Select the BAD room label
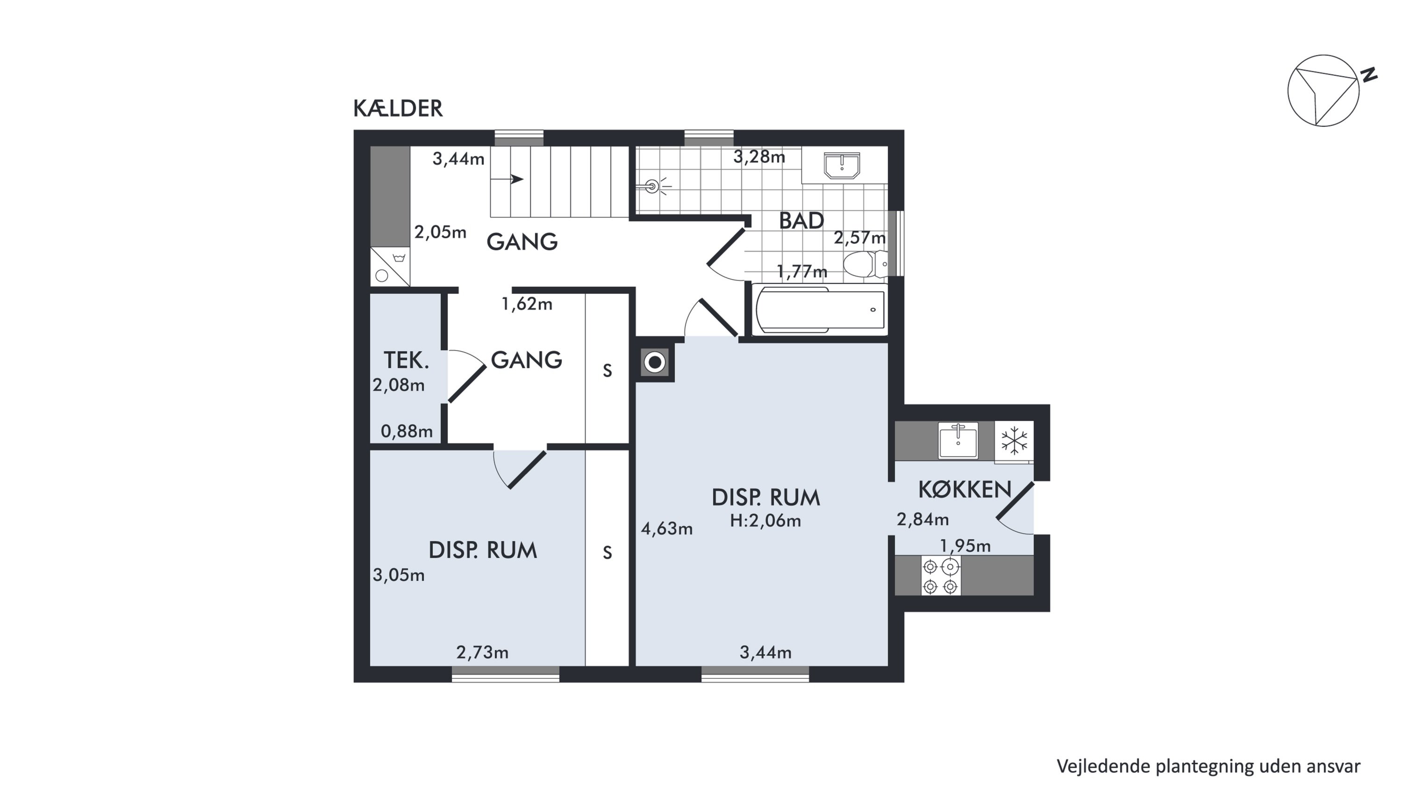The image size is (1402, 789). click(x=801, y=221)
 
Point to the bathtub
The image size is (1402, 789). click(x=820, y=309)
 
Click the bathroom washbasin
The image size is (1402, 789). click(x=841, y=166)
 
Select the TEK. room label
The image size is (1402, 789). click(x=406, y=361)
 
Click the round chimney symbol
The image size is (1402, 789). click(x=655, y=362)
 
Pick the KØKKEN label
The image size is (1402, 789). click(x=965, y=490)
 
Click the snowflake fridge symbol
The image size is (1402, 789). click(x=1014, y=441)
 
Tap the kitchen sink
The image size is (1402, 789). click(x=958, y=440)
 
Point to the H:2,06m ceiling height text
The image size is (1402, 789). click(x=765, y=521)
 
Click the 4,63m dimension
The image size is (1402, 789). click(x=667, y=528)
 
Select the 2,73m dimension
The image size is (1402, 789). click(x=482, y=652)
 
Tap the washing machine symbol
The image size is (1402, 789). click(x=390, y=267)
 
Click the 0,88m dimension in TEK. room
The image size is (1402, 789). click(x=407, y=431)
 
